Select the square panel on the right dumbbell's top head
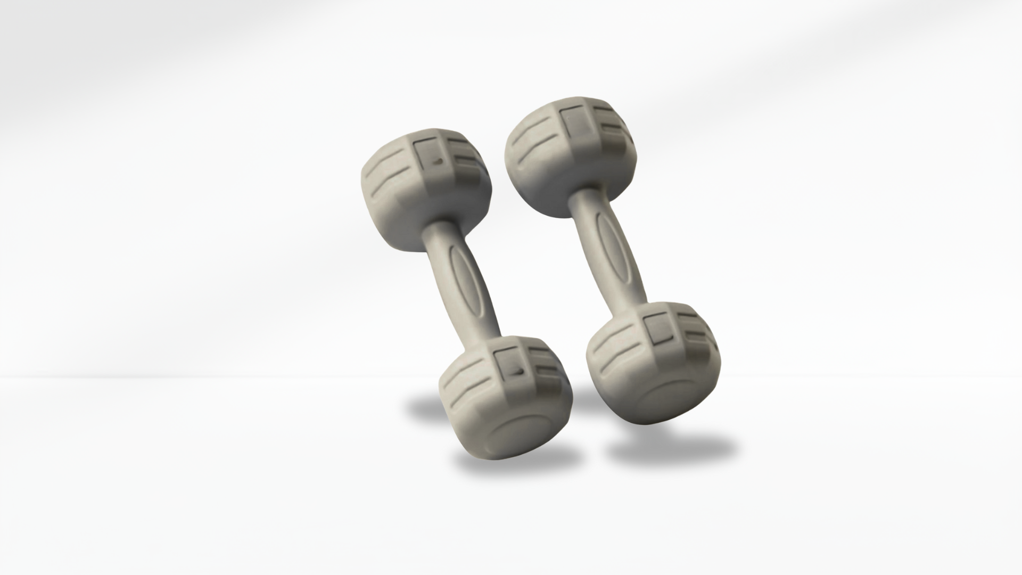578,122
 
